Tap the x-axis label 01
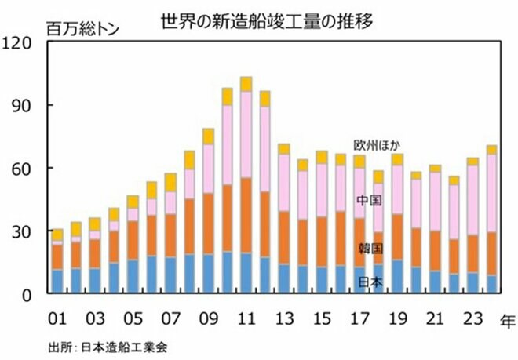tap(57, 320)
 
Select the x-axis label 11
tap(246, 320)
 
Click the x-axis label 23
tap(473, 320)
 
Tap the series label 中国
tap(370, 201)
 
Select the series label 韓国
tap(370, 249)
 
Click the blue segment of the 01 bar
tap(57, 282)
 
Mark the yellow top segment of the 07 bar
tap(170, 183)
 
